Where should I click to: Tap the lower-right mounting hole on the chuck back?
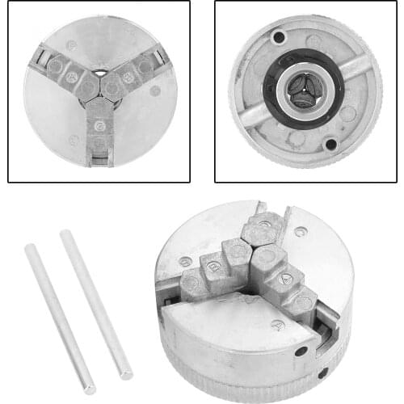330,144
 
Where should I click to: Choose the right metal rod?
96,304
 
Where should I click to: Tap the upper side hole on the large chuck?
301,351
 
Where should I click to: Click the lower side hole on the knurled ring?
322,372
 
